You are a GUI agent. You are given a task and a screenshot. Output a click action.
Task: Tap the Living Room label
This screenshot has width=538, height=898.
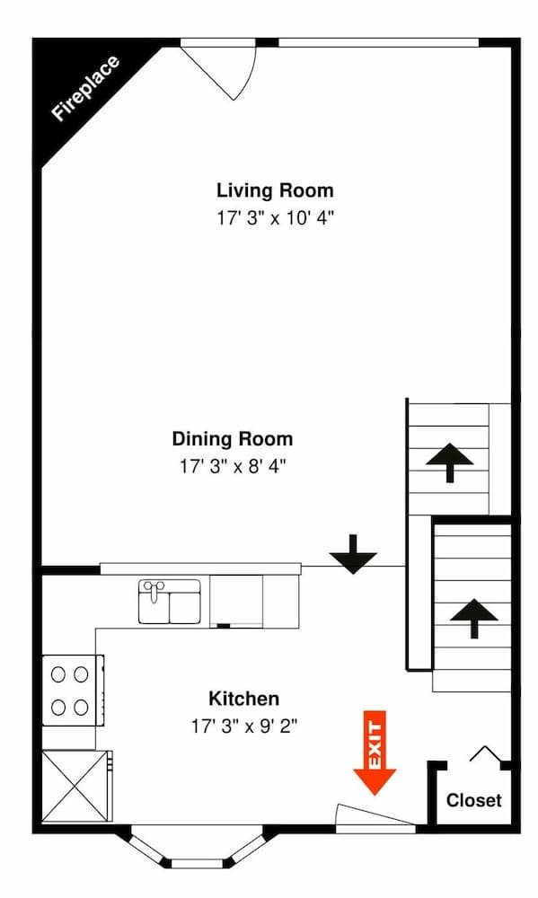point(274,190)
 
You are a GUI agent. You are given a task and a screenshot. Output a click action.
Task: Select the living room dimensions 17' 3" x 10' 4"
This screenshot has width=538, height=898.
point(274,217)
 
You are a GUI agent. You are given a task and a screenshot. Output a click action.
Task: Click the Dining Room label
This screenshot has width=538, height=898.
point(232,439)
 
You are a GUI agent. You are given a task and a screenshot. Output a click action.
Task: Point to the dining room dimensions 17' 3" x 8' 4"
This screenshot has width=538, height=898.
point(232,466)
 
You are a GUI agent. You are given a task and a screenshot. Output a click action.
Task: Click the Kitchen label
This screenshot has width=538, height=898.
point(243,698)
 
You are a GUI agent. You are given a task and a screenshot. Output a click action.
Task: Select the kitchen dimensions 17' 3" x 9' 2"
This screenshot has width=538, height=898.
point(243,725)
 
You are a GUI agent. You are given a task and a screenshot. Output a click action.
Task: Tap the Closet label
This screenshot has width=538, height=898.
point(473,800)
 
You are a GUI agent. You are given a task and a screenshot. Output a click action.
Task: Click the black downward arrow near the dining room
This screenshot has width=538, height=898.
point(353,554)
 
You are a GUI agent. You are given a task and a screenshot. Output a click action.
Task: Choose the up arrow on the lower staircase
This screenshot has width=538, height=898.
point(472,619)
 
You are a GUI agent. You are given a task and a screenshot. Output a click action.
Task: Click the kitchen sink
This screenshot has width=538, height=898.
point(169,601)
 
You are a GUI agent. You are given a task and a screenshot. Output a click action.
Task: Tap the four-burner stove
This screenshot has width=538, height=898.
point(72,689)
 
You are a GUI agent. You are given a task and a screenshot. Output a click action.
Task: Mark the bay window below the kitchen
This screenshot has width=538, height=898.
point(197,849)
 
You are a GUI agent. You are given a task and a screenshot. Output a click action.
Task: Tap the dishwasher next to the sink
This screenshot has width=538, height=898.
point(236,601)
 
